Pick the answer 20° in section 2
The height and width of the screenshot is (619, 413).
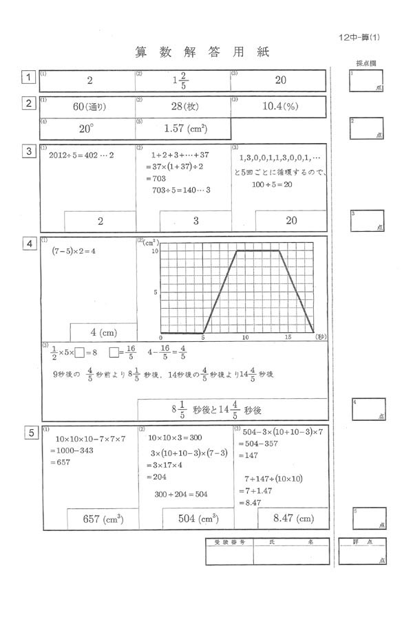click(86, 129)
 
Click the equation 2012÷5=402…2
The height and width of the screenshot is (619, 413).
click(81, 155)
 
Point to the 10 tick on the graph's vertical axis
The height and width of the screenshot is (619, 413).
click(155, 252)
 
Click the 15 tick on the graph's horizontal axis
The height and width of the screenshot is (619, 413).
click(287, 338)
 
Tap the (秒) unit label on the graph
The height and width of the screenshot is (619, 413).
click(321, 338)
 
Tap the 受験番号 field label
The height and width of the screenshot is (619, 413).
click(230, 542)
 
